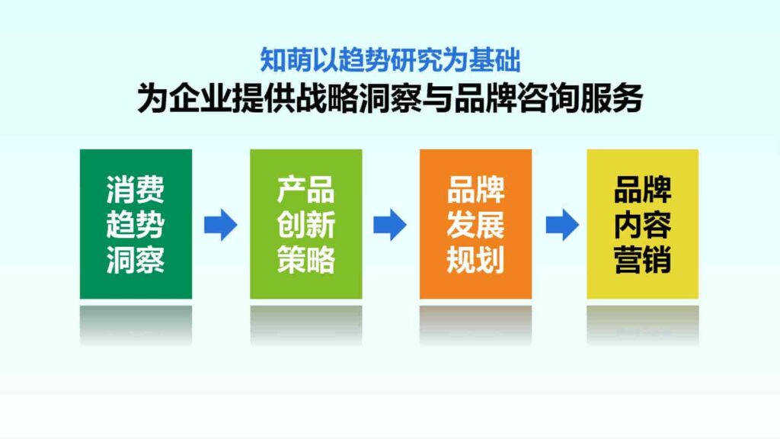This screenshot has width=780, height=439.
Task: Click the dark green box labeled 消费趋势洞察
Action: point(136,223)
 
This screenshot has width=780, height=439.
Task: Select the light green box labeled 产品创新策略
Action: point(305,223)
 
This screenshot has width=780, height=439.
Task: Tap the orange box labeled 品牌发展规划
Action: point(475,223)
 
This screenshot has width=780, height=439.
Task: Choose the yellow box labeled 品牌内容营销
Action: point(642,223)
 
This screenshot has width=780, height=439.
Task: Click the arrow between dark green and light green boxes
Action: point(221,225)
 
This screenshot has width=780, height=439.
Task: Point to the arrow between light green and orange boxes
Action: point(390,225)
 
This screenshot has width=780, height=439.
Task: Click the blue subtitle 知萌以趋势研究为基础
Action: point(390,59)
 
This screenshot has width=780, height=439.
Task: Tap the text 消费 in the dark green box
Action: point(136,190)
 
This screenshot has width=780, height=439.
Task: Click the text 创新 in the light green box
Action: point(305,225)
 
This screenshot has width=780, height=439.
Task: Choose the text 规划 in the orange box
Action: point(475,260)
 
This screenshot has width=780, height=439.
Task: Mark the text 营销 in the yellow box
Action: point(642,260)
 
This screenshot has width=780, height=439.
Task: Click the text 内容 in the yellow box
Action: point(642,225)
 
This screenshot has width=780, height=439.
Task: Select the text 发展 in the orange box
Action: point(475,225)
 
